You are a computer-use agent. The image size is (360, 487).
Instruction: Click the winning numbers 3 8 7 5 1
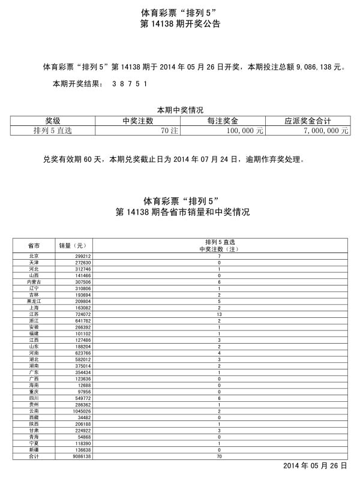click(129, 83)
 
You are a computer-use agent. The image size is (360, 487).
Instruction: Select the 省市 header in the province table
click(34, 246)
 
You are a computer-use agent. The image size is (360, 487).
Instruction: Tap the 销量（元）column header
click(73, 246)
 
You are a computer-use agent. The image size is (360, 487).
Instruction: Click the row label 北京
click(34, 256)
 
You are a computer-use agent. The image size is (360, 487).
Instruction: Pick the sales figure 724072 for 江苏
click(82, 314)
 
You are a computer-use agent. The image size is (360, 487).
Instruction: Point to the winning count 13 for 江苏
click(219, 314)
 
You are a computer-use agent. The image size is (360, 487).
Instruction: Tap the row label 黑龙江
click(34, 301)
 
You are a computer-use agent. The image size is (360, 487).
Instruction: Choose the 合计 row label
click(34, 456)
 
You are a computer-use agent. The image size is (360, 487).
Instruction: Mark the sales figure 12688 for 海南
click(84, 386)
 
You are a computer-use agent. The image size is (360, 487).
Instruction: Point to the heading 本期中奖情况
click(180, 110)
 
